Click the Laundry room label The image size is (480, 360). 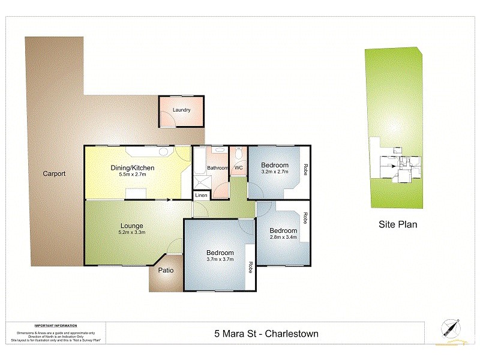click(x=181, y=110)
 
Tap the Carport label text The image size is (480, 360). click(x=54, y=174)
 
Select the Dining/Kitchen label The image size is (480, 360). click(x=133, y=167)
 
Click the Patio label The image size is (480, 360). click(x=166, y=271)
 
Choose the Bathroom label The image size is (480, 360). click(x=217, y=168)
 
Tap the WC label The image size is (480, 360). click(x=238, y=168)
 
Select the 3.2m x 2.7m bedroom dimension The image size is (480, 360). click(x=275, y=172)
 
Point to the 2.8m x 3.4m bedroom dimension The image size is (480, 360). click(x=283, y=237)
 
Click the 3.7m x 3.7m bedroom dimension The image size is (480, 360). click(x=219, y=259)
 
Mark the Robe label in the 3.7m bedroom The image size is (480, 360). click(x=250, y=266)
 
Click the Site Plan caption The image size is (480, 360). click(x=397, y=225)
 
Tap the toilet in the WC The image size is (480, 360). click(x=239, y=155)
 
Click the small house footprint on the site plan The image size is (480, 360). click(x=399, y=166)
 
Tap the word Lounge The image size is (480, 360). click(x=131, y=226)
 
